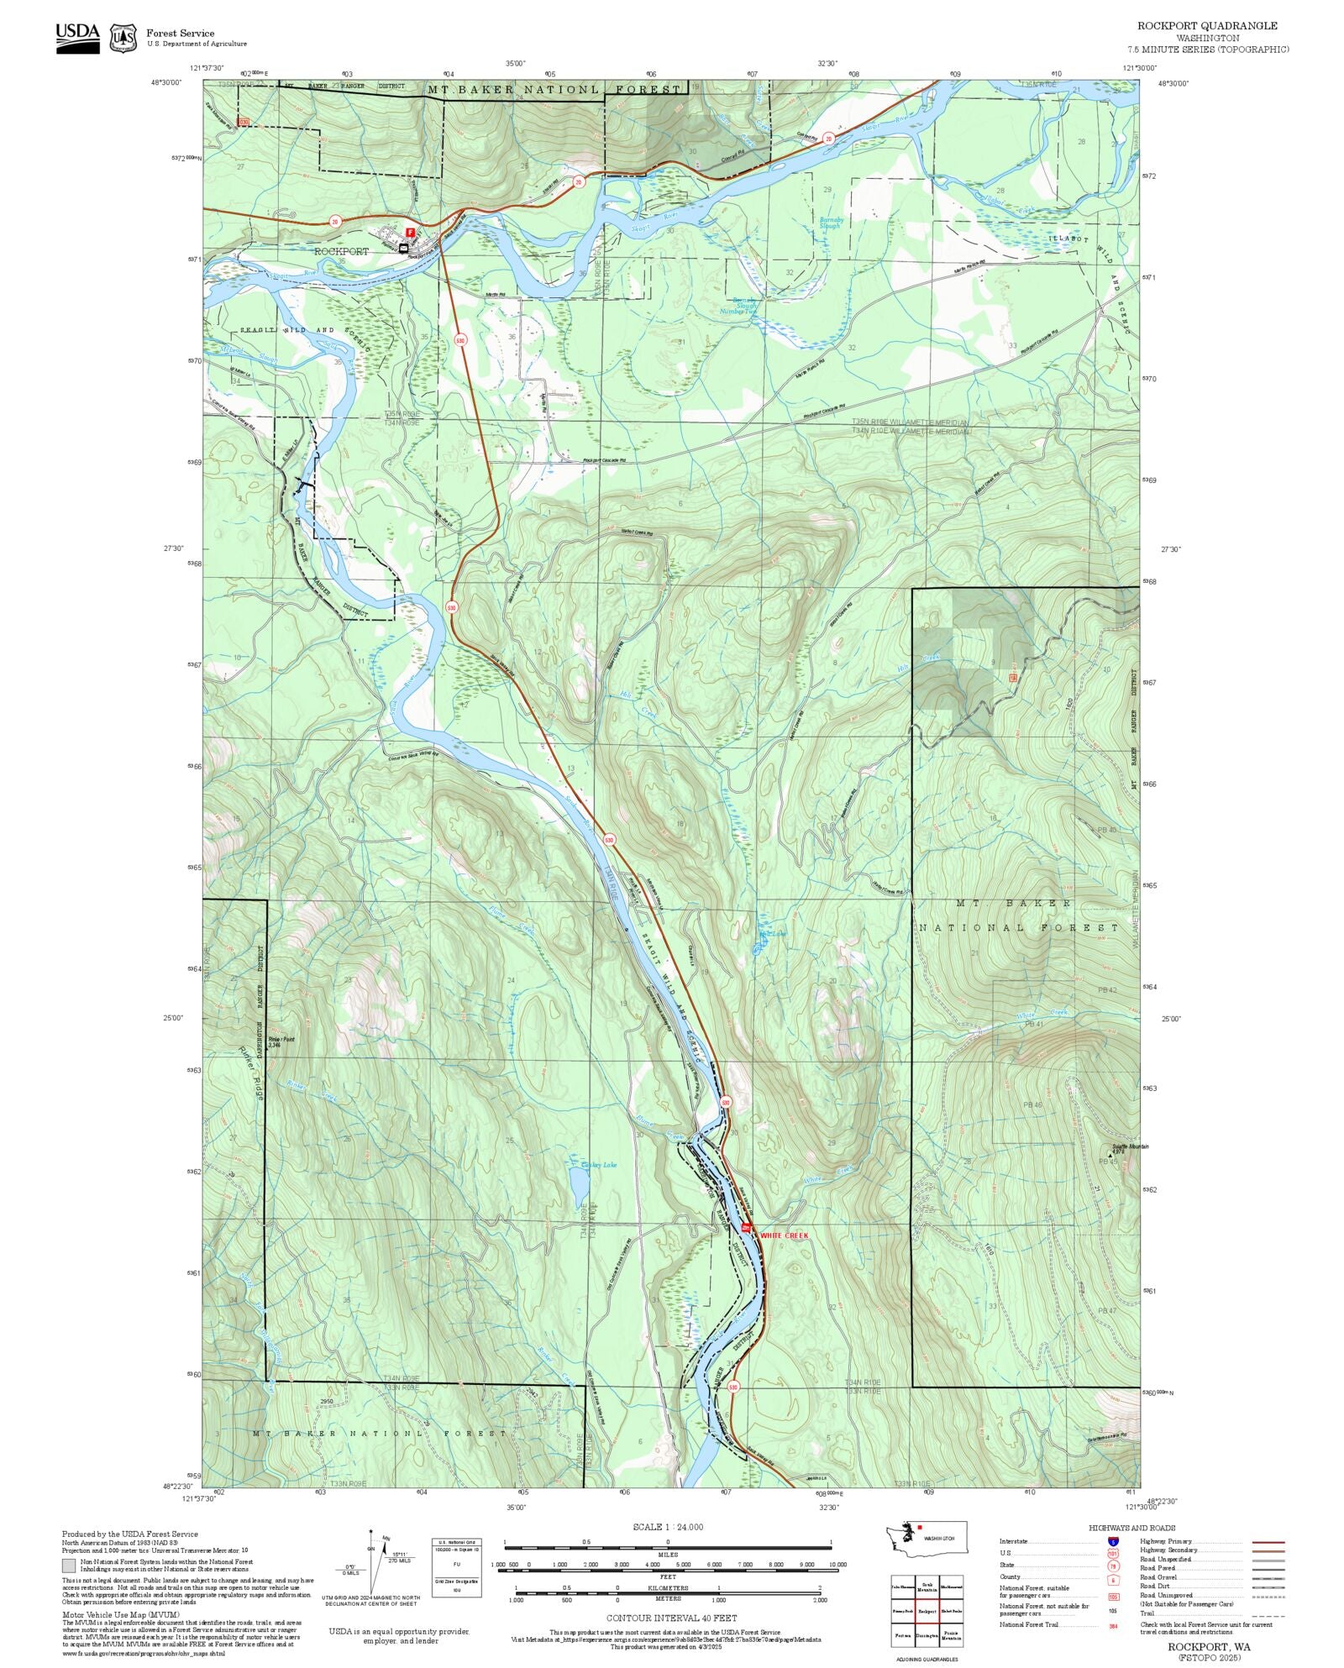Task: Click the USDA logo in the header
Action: pos(77,38)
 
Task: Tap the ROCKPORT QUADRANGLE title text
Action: pos(1207,26)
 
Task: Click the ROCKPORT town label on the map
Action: pos(341,251)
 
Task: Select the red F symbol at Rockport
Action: pos(410,232)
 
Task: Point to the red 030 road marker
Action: pos(244,123)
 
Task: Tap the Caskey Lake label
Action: pos(598,1165)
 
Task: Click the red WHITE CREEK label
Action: pos(784,1235)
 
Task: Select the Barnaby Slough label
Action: pos(829,223)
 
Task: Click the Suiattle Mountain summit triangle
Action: pos(1110,1156)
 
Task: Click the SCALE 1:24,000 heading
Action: pos(668,1527)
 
